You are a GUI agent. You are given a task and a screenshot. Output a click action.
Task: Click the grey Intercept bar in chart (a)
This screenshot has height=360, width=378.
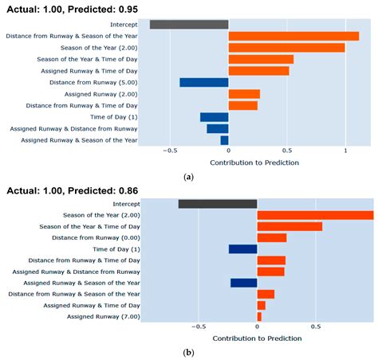[x=189, y=25]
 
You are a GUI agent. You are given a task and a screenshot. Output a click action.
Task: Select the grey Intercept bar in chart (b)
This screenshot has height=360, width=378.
[x=218, y=204]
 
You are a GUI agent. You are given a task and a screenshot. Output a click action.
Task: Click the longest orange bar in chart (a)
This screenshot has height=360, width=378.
[x=293, y=36]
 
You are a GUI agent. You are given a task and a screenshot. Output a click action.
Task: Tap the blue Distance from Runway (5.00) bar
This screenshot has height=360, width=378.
[x=204, y=82]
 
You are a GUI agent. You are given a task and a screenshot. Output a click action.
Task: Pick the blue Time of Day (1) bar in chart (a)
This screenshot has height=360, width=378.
[x=214, y=117]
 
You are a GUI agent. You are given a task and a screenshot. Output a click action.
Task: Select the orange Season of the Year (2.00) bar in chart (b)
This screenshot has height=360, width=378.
[x=315, y=215]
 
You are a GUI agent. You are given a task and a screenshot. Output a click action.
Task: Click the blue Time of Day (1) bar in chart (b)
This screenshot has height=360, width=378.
[x=242, y=248]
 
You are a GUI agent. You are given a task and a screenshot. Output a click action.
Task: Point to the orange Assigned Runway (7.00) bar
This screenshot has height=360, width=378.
[x=259, y=316]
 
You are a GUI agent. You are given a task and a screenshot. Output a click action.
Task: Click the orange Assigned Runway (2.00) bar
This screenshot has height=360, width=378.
[x=244, y=94]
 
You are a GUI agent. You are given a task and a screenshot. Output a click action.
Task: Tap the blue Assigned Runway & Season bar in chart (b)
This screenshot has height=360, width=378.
[x=243, y=282]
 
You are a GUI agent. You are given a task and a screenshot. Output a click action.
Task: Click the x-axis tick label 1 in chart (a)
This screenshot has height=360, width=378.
[x=345, y=151]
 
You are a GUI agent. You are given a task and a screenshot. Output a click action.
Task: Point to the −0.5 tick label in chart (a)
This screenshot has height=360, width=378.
[x=170, y=151]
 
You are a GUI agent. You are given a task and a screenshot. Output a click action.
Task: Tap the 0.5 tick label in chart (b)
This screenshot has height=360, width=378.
[x=316, y=327]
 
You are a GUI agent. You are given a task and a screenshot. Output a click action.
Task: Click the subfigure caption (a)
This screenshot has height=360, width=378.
[x=188, y=177]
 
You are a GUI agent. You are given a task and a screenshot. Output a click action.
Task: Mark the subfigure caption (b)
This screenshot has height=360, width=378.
[x=188, y=351]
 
